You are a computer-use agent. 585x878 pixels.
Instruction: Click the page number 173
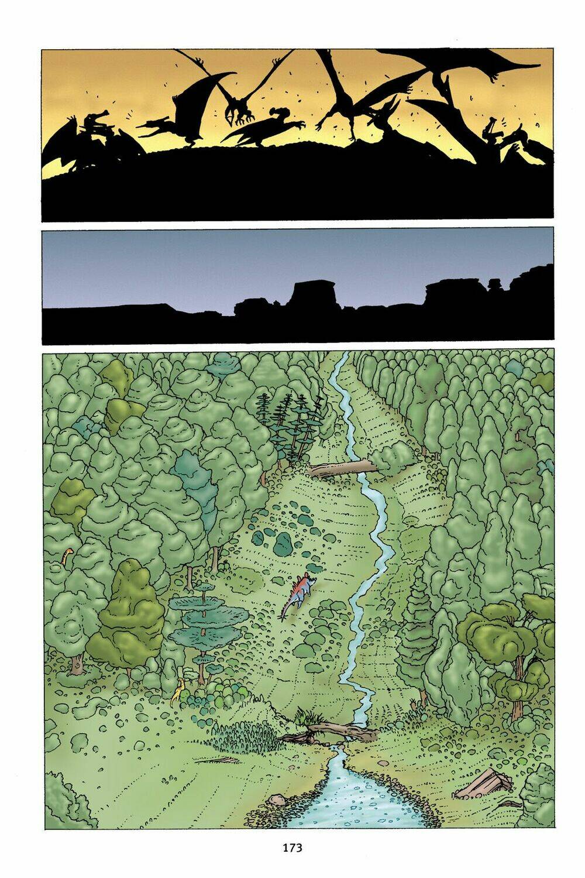(292, 847)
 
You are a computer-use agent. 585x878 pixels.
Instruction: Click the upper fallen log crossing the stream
(343, 468)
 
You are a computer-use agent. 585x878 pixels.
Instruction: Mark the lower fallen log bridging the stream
(333, 730)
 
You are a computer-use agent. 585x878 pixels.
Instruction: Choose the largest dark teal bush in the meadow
(284, 544)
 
